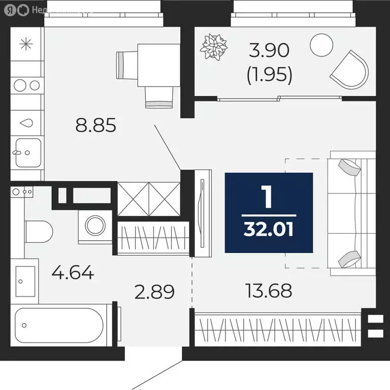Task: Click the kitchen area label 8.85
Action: pos(96,125)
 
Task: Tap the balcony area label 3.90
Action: pos(269,51)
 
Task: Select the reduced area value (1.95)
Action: pos(269,75)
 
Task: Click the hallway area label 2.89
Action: pos(154,292)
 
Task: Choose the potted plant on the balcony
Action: pos(214,46)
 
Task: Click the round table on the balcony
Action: pos(321,45)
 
